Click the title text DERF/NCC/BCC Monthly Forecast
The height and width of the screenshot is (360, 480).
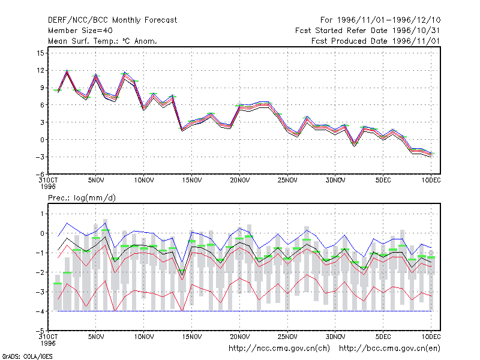pyautogui.click(x=112, y=20)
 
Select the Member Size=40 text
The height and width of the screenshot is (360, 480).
pyautogui.click(x=80, y=31)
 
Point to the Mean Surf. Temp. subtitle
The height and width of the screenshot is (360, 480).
pyautogui.click(x=103, y=41)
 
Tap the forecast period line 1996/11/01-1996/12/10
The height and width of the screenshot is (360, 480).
pyautogui.click(x=380, y=20)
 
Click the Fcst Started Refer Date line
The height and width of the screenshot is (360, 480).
pyautogui.click(x=367, y=31)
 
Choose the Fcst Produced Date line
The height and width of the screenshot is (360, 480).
pyautogui.click(x=376, y=41)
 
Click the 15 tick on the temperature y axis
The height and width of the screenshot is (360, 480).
pyautogui.click(x=40, y=53)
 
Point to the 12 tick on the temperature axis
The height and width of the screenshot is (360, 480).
pyautogui.click(x=40, y=70)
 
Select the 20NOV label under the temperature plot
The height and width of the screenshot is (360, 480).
pyautogui.click(x=239, y=181)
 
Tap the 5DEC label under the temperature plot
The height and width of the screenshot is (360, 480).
pyautogui.click(x=383, y=181)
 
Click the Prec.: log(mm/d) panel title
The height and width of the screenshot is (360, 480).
pyautogui.click(x=82, y=198)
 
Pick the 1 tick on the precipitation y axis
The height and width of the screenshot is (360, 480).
pyautogui.click(x=42, y=214)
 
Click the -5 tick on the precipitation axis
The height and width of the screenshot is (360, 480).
pyautogui.click(x=40, y=331)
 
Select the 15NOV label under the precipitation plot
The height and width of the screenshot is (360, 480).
pyautogui.click(x=192, y=337)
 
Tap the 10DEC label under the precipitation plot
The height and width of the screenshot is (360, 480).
pyautogui.click(x=431, y=337)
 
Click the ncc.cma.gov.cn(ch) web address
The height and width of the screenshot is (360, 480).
pyautogui.click(x=279, y=349)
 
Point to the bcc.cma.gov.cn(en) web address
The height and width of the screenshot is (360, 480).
pyautogui.click(x=389, y=349)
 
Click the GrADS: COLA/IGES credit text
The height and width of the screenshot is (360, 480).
pyautogui.click(x=28, y=356)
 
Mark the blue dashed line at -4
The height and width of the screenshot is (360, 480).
pyautogui.click(x=244, y=311)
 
